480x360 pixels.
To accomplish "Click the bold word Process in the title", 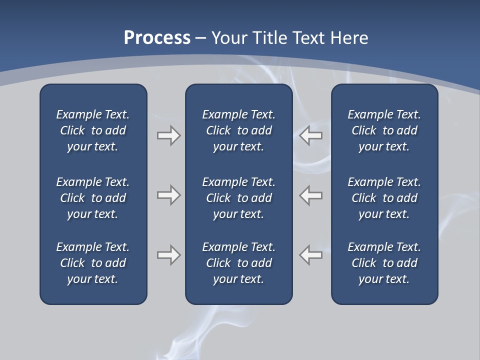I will point(157,38).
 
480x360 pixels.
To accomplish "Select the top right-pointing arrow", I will point(169,135).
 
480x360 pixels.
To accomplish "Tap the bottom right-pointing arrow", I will point(169,255).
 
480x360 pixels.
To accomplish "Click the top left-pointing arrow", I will point(310,135).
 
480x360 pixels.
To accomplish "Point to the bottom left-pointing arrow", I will point(310,255).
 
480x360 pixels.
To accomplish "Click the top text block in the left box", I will point(93,130).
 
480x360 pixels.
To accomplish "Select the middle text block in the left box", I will point(93,198).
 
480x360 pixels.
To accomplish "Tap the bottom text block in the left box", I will point(93,263).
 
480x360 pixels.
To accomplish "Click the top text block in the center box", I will point(239,130).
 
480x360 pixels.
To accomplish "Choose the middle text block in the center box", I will point(239,198).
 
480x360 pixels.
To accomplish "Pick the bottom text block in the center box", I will point(239,263).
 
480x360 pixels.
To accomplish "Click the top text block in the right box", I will point(384,130).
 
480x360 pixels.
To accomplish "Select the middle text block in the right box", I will point(384,198).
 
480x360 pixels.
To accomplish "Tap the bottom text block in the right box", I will point(384,263).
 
